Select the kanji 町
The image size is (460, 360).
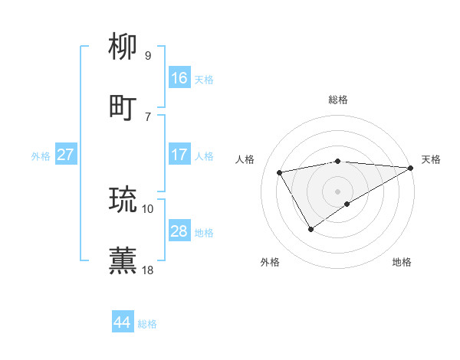pos(123,107)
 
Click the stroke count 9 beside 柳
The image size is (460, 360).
pos(148,55)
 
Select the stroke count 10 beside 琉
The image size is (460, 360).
pos(148,208)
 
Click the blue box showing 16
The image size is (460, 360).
pos(179,78)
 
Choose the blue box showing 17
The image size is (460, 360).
pos(179,155)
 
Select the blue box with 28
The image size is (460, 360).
pos(179,231)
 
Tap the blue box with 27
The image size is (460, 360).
pos(66,155)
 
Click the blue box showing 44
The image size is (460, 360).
pos(123,322)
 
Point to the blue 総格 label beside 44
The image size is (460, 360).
pos(147,324)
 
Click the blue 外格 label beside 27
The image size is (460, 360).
pos(41,156)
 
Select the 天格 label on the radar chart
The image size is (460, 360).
pos(431,159)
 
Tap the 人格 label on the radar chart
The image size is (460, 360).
pos(245,159)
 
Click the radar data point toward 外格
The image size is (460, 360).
pos(311,228)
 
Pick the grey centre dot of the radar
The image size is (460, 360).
pos(338,191)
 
